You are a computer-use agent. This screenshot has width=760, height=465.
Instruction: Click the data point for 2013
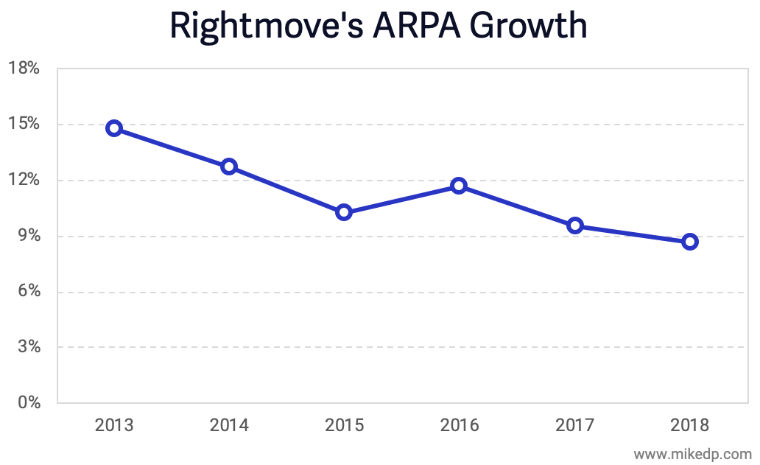[113, 128]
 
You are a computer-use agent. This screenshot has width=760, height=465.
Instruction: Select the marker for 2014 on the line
[229, 167]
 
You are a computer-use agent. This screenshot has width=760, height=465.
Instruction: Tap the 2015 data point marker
[344, 212]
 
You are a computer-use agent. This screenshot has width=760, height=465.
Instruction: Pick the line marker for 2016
[459, 186]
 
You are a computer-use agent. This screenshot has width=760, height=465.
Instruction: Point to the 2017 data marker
[575, 225]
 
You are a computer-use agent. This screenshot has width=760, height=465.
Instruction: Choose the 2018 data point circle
[690, 242]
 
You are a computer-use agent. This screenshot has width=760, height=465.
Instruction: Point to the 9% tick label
[27, 236]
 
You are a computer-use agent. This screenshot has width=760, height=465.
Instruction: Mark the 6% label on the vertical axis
[27, 292]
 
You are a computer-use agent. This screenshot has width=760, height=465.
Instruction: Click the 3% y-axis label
[27, 347]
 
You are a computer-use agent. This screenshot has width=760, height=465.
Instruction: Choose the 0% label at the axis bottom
[27, 403]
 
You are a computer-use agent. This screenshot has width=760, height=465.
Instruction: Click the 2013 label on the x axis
[114, 425]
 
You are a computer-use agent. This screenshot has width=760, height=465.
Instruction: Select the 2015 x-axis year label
[344, 425]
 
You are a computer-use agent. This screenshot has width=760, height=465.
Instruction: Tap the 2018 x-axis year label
[690, 425]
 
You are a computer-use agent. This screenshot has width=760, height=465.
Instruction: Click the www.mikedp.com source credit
[692, 453]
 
